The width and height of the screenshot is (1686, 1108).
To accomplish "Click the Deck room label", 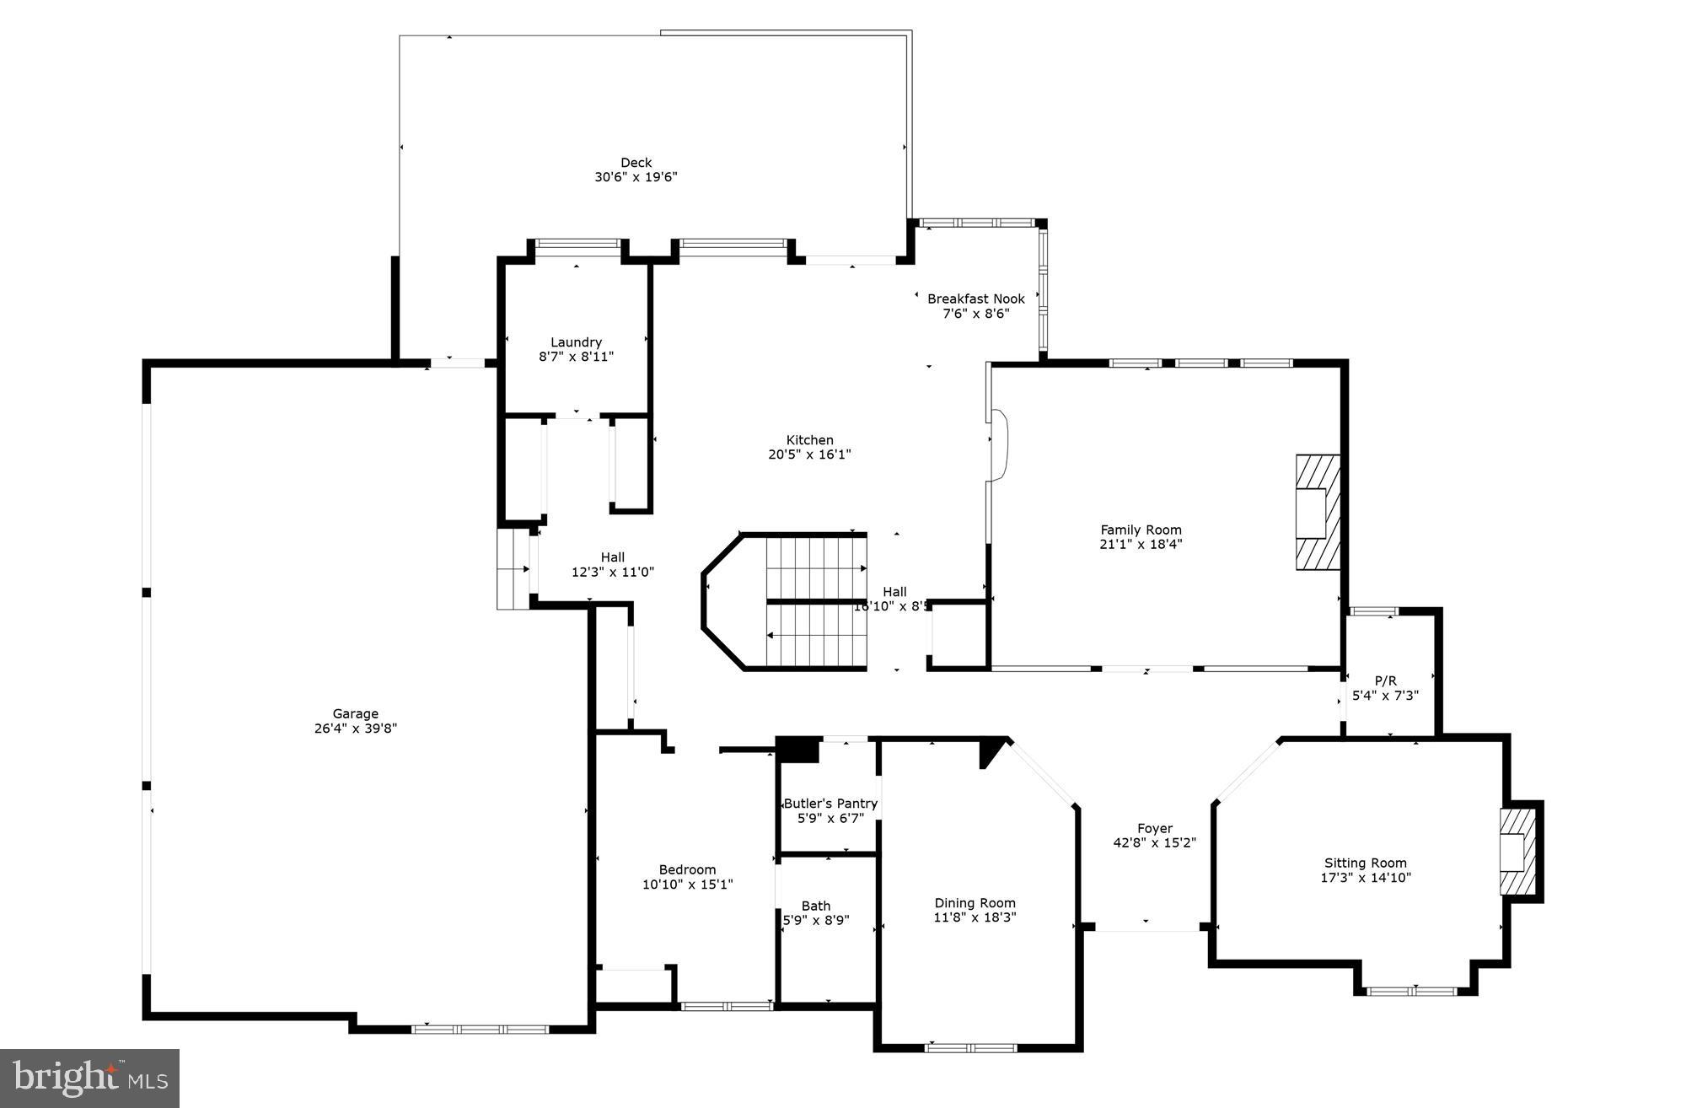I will coord(636,163).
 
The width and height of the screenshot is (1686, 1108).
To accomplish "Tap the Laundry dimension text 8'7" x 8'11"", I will coord(577,357).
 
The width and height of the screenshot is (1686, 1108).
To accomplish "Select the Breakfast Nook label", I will coord(975,299).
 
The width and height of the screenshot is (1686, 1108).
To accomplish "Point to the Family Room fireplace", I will coord(1317,514).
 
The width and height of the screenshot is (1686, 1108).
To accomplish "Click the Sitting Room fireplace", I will coord(1517,852).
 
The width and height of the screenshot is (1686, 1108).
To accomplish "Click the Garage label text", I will coord(355,713).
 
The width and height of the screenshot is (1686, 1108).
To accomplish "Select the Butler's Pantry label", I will coord(830,804).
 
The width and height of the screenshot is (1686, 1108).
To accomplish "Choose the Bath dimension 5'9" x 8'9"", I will coord(816,920).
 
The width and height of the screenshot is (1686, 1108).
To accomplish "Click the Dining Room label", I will coord(975,903).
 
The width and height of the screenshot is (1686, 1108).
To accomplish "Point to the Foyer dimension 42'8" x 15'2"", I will coord(1154,842).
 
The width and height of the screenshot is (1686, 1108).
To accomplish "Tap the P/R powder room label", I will coord(1385,680).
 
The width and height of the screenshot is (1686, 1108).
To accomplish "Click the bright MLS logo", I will coord(89,1078).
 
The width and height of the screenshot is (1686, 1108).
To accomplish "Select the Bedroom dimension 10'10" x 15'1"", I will coord(687,885).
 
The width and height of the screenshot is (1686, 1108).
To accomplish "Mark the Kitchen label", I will coord(809,440).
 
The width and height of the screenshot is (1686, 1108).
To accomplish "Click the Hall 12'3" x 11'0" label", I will coord(613,557).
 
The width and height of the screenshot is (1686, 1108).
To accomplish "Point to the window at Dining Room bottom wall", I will coord(970,1048).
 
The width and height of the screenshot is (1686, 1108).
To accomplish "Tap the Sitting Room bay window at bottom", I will coord(1411,992).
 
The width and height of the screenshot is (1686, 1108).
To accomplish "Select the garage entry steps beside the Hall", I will coord(513,568).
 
